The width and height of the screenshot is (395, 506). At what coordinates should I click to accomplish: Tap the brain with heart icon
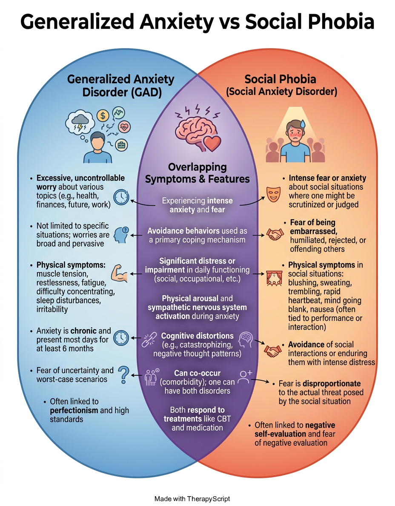click(x=198, y=129)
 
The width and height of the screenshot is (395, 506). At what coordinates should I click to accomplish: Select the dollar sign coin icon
click(x=103, y=115)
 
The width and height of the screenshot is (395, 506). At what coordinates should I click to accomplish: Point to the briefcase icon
click(x=121, y=145)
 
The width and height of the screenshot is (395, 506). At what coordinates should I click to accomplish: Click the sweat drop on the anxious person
click(x=302, y=124)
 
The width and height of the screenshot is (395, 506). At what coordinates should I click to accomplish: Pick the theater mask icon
click(x=273, y=194)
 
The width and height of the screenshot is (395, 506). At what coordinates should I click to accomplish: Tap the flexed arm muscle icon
click(x=119, y=273)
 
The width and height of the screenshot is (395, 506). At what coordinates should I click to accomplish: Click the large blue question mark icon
click(x=123, y=375)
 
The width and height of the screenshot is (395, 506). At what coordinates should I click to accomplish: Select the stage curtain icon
click(x=275, y=279)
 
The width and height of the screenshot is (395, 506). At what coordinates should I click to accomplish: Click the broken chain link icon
click(x=149, y=339)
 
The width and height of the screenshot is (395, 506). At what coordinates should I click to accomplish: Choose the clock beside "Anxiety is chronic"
click(x=121, y=338)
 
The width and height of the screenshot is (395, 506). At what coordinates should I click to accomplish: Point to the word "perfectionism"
click(x=74, y=411)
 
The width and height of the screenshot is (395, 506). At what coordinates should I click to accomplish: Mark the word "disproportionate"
click(x=332, y=384)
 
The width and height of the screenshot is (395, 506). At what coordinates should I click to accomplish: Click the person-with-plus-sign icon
click(x=245, y=377)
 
